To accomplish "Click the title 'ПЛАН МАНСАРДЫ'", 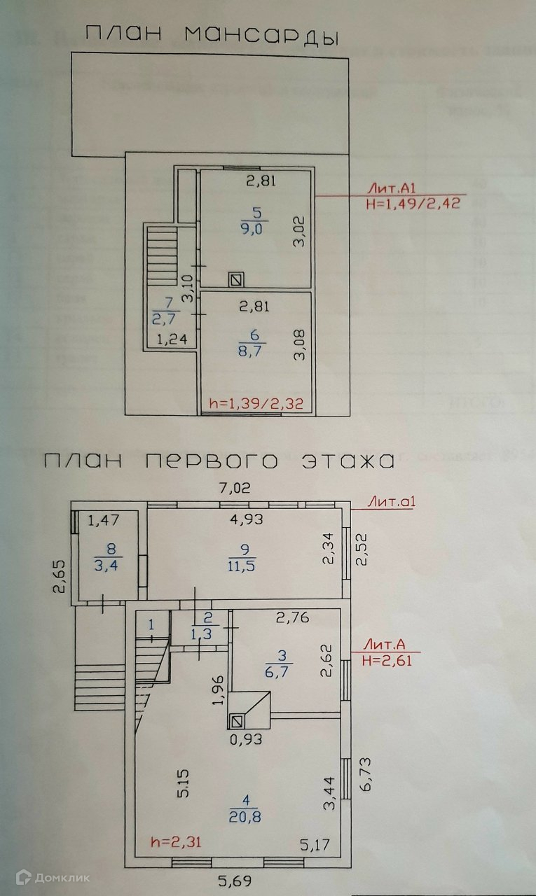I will [x=209, y=36].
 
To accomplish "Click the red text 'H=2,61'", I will [x=386, y=659].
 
